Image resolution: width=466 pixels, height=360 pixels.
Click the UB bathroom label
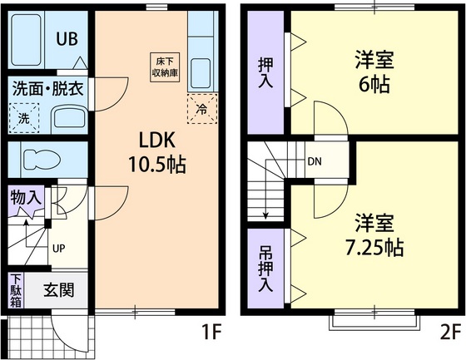(x=69, y=39)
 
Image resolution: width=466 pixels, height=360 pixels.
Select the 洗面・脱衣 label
(x=47, y=88)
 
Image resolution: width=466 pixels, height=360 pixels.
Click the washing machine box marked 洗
(x=24, y=117)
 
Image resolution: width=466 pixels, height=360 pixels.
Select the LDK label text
(x=156, y=137)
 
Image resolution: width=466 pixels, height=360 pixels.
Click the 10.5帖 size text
(x=156, y=163)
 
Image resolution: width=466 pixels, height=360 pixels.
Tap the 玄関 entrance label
(x=58, y=290)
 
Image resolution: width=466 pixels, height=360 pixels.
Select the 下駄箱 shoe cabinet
(x=16, y=290)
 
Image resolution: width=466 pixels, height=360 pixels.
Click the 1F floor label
(x=211, y=333)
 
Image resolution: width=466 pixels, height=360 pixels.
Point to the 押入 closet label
(x=265, y=72)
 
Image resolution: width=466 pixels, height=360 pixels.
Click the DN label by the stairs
(x=315, y=161)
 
